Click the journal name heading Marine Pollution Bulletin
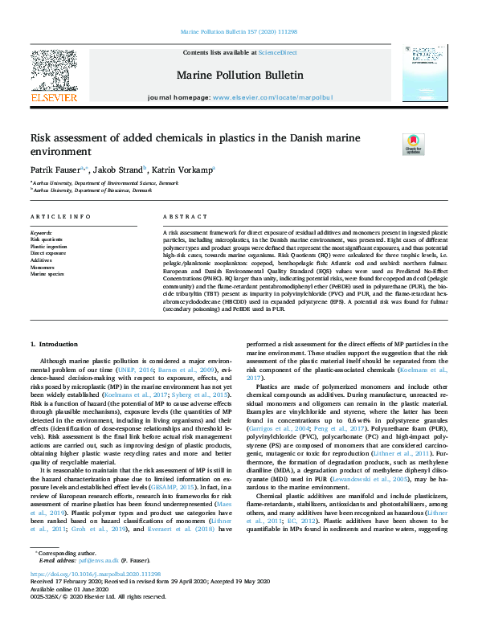[x=239, y=75]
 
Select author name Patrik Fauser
[x=55, y=170]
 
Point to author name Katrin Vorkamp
[x=184, y=170]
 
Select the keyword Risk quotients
[x=47, y=239]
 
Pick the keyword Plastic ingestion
[x=48, y=246]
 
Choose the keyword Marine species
[x=47, y=274]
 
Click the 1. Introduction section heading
[x=55, y=343]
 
